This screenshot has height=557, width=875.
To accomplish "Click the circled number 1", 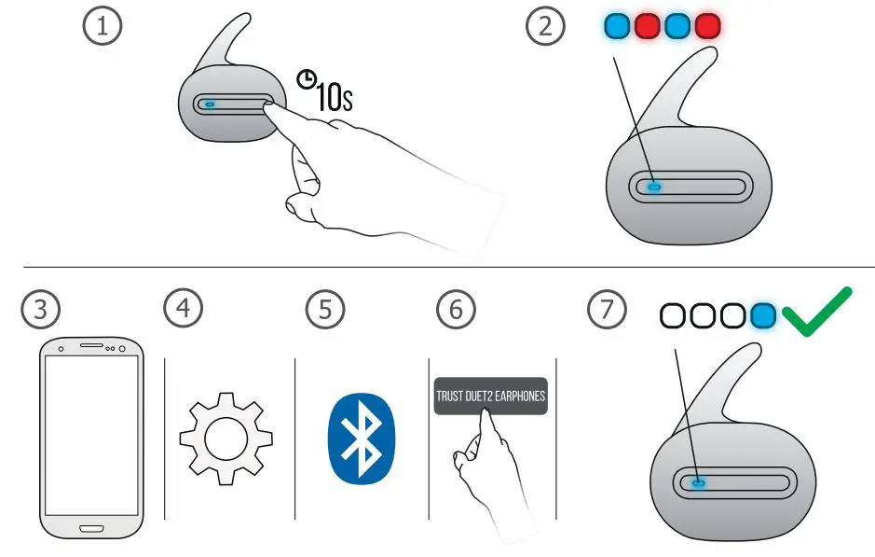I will coord(103,27).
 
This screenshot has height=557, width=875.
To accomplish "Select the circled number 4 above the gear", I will coord(183,309).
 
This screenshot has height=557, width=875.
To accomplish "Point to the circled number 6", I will coord(456,309).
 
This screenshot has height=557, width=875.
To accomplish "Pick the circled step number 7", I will coord(607,309).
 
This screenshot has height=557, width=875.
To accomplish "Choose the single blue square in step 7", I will coord(764,316).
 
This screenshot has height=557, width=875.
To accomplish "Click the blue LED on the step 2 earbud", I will coord(654,187).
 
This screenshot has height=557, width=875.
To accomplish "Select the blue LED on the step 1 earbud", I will coord(210,104).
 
